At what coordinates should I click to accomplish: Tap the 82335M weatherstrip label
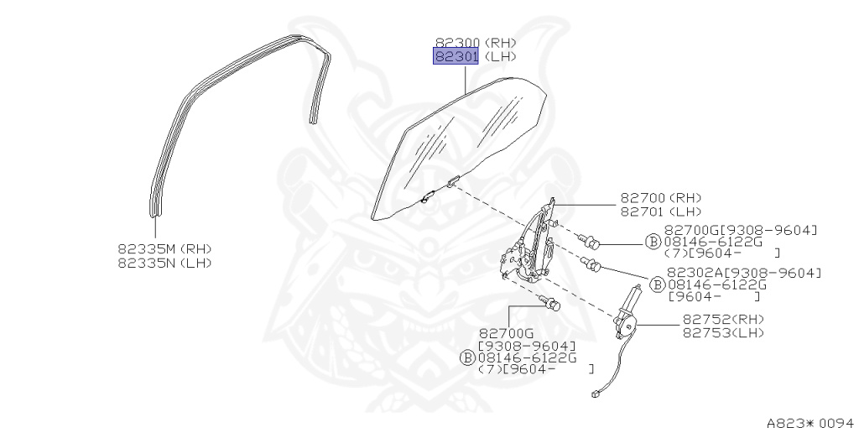coord(147,248)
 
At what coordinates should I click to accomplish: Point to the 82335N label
coord(147,263)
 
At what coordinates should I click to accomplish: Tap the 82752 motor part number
coord(704,319)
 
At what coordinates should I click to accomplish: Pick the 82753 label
coord(704,332)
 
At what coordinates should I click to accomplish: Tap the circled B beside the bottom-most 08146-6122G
coord(467,358)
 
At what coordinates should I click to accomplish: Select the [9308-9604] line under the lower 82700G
coord(527,345)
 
